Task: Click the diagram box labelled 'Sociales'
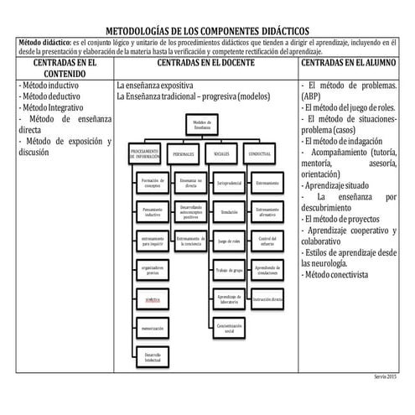pyautogui.click(x=223, y=154)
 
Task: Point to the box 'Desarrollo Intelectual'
pyautogui.click(x=152, y=357)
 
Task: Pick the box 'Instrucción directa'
pyautogui.click(x=267, y=298)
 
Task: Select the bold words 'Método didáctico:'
pyautogui.click(x=44, y=40)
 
